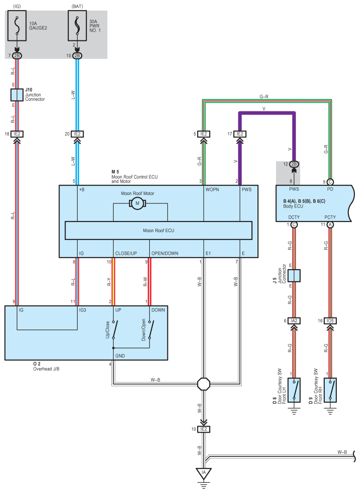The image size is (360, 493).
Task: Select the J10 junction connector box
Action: [x=17, y=95]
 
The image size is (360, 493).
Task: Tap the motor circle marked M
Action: [x=137, y=203]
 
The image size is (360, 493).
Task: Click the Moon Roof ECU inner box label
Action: [x=158, y=230]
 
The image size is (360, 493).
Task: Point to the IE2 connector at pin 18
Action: [x=17, y=134]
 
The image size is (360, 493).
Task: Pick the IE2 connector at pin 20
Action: [x=77, y=134]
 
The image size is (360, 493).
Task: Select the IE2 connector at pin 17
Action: [x=239, y=134]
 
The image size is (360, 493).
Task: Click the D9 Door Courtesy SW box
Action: [x=330, y=389]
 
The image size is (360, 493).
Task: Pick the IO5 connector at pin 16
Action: [x=330, y=321]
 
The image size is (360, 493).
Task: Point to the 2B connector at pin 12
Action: [x=294, y=164]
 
